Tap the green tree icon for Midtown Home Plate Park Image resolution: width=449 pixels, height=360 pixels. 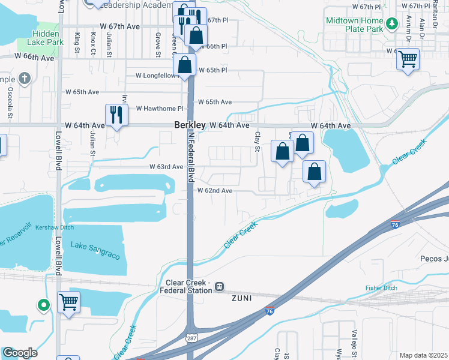392,24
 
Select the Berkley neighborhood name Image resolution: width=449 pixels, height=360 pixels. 190,125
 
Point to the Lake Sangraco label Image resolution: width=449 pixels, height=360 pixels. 95,250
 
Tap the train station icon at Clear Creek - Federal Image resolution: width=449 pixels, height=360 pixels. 220,286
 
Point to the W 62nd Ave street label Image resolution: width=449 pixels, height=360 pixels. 215,190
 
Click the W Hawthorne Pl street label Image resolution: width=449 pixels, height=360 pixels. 159,109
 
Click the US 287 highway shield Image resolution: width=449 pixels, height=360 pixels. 189,338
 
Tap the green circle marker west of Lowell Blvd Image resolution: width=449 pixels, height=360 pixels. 43,305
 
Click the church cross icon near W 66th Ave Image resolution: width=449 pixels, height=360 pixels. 25,78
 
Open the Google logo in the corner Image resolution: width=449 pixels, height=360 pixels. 19,353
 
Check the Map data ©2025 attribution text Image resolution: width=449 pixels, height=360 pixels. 423,356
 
